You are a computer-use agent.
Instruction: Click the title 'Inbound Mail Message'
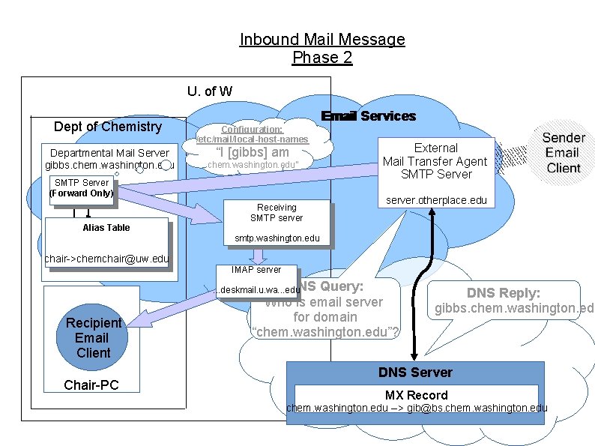click(x=322, y=39)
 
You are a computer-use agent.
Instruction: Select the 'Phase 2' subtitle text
click(x=322, y=57)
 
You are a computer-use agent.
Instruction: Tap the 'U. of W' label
click(x=210, y=91)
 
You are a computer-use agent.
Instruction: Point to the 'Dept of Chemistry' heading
click(x=108, y=127)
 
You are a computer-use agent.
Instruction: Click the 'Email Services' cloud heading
click(x=368, y=116)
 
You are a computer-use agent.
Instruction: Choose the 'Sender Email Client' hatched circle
click(x=564, y=153)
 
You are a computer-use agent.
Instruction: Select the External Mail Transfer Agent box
click(x=435, y=160)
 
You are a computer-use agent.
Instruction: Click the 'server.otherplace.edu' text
click(x=435, y=200)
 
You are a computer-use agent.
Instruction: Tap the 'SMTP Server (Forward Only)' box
click(x=81, y=188)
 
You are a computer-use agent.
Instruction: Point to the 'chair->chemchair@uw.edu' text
click(x=107, y=259)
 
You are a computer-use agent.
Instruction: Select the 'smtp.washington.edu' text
click(x=277, y=238)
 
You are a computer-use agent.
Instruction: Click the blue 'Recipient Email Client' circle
click(x=93, y=337)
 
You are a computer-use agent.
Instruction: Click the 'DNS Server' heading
click(x=415, y=373)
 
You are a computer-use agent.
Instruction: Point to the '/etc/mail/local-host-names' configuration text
click(x=252, y=139)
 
